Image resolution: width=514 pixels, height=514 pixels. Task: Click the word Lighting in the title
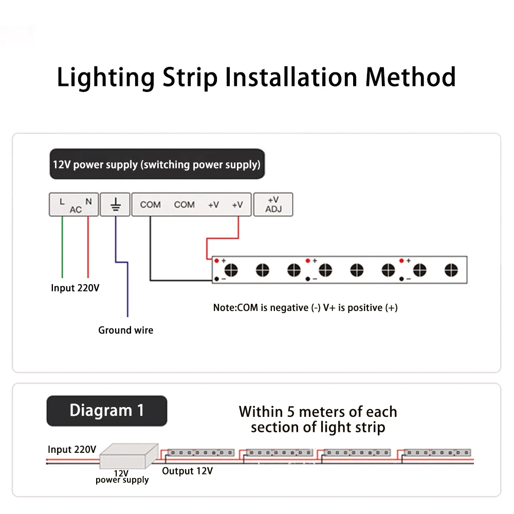[105, 78]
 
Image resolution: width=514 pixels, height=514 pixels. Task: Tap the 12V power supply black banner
[157, 164]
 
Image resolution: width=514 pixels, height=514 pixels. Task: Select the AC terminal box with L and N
[75, 205]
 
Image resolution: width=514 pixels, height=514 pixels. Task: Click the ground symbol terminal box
[115, 205]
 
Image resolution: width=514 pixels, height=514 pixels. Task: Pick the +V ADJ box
[273, 204]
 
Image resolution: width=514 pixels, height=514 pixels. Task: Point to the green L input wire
[62, 247]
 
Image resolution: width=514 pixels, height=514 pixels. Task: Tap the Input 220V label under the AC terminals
[75, 288]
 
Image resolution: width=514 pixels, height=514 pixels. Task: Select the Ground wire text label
[125, 330]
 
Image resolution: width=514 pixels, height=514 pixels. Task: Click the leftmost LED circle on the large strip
[231, 269]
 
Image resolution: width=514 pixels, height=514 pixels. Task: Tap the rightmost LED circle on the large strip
[451, 269]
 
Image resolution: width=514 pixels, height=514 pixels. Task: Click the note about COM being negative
[305, 308]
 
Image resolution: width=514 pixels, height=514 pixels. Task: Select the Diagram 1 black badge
[107, 411]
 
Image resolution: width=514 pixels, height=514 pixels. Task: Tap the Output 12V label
[187, 471]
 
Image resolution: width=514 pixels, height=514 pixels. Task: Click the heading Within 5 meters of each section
[318, 419]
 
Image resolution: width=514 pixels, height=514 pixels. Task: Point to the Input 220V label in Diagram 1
[72, 449]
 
